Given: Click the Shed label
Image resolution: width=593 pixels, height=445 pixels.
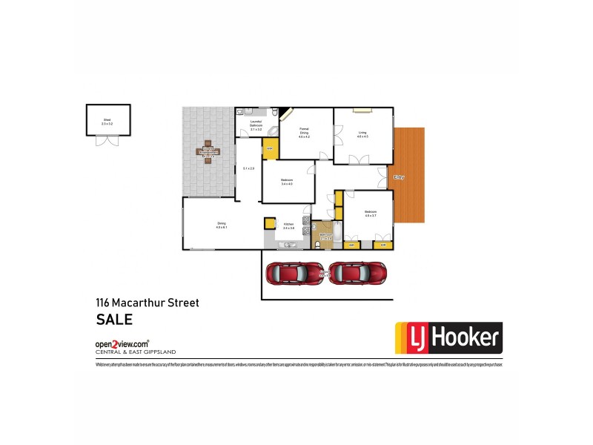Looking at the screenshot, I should click(105, 120).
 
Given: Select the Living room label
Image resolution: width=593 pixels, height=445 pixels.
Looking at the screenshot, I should click(362, 134).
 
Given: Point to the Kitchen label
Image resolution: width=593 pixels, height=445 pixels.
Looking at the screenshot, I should click(289, 225).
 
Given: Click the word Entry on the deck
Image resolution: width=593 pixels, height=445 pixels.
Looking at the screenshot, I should click(400, 177).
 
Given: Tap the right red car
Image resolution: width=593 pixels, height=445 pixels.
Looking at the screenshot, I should click(358, 273).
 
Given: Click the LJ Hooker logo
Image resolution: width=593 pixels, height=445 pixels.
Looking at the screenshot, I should click(447, 339).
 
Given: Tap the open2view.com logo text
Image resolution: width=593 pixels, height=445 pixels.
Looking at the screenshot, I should click(122, 344).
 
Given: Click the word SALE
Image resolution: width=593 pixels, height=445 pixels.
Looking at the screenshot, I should click(114, 320).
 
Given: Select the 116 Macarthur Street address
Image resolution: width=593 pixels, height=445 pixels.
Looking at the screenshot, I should click(147, 303).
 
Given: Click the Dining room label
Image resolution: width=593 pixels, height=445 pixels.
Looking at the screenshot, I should click(221, 225).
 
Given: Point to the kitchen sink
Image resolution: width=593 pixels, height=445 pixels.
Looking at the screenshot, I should click(288, 244).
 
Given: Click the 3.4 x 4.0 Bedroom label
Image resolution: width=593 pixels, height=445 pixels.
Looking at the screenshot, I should click(287, 182).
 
